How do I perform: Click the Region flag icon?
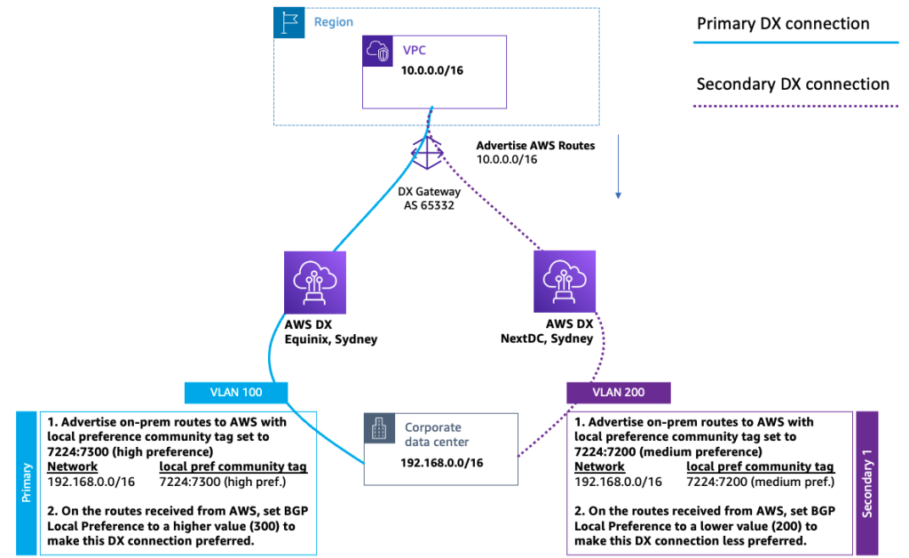287,21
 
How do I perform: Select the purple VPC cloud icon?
379,52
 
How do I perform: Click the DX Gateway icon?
427,152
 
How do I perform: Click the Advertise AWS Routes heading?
535,144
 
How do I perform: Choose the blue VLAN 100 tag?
235,392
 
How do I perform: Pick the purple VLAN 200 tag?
618,392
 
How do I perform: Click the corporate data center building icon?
380,430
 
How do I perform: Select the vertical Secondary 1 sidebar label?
866,483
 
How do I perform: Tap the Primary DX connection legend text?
783,24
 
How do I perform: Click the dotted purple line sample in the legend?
797,106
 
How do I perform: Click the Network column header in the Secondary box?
600,466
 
